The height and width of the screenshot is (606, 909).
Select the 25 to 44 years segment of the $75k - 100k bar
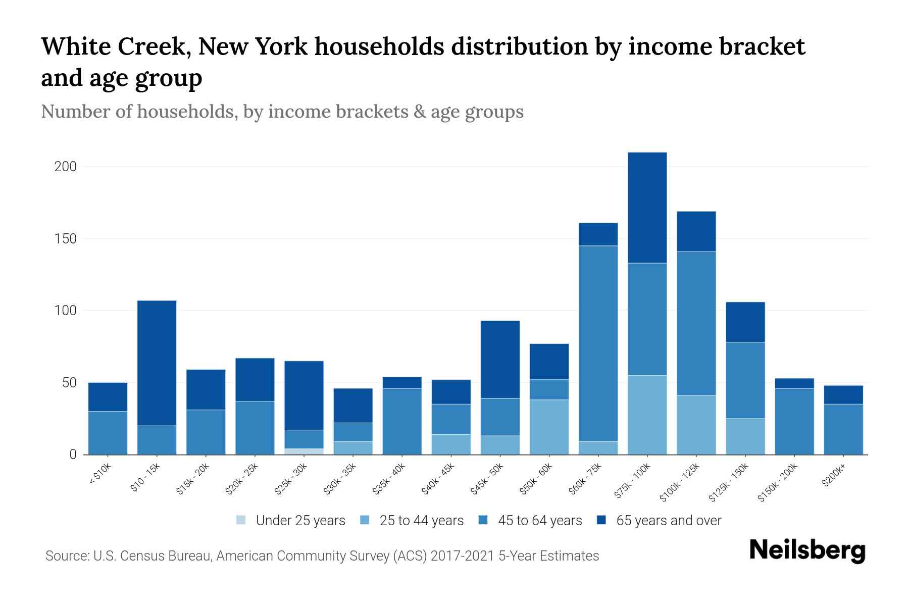coord(647,415)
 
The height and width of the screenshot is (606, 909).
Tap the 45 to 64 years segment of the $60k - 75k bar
coord(598,343)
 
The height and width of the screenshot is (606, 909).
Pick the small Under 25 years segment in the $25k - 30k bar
coord(304,451)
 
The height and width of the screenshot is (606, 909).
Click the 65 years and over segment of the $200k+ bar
coord(843,395)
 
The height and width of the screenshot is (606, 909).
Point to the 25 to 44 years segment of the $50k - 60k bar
coord(549,427)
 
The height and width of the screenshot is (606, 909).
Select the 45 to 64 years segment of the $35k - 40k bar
coord(402,421)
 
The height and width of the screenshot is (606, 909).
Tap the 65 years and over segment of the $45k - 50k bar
coord(500,359)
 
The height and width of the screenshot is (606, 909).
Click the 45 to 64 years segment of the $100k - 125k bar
coord(696,323)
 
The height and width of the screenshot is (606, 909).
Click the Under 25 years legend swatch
coord(241,520)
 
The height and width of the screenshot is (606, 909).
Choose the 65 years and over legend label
coord(668,521)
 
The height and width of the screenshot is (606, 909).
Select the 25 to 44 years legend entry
coord(421,521)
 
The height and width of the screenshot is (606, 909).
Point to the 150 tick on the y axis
coord(66,239)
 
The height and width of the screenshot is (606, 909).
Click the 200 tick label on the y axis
coord(66,167)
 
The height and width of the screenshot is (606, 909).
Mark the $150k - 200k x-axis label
coord(778,482)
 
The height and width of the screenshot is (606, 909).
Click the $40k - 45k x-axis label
coord(438,479)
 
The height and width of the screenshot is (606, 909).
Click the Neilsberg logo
coord(807,550)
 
